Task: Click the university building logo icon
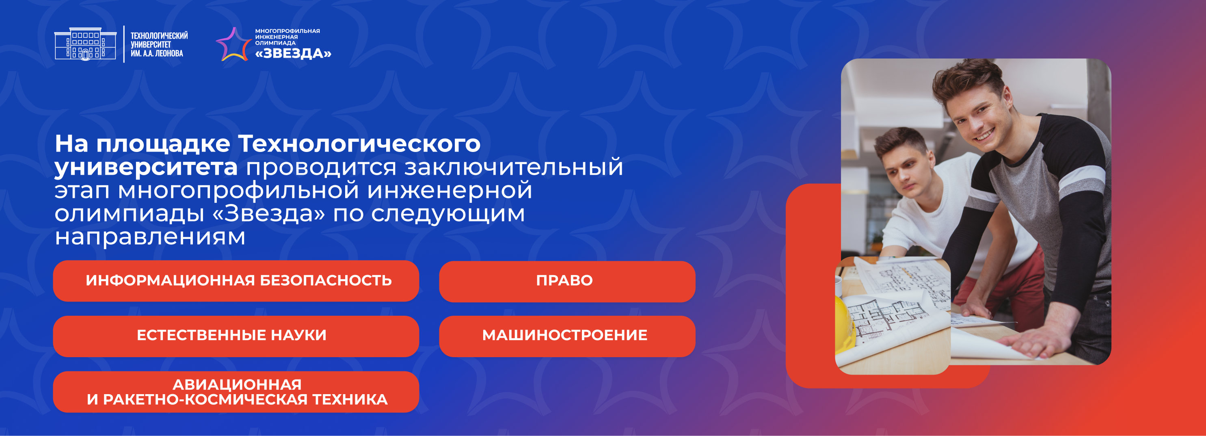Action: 85,43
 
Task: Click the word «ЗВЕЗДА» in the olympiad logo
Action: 293,53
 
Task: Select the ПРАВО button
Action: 567,282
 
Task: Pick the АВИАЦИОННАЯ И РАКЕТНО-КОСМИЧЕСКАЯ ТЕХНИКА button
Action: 236,392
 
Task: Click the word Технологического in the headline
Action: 359,144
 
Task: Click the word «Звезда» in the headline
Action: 269,214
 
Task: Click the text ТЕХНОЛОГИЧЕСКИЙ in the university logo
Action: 159,36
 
